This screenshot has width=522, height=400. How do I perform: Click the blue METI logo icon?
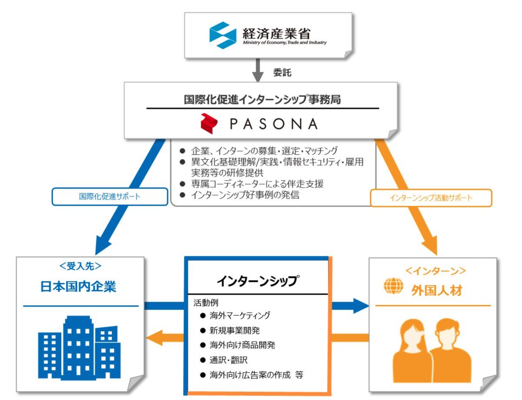(222, 35)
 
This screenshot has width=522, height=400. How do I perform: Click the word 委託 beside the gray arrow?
(282, 73)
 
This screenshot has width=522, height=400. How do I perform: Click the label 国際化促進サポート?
(110, 196)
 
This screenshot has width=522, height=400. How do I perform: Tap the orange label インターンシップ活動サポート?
(431, 198)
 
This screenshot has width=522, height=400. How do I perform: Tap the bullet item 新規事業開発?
(234, 330)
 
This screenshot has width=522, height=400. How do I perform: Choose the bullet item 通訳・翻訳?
(228, 360)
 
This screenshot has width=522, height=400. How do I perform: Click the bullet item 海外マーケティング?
(240, 315)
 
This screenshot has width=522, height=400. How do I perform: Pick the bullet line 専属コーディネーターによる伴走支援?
(257, 184)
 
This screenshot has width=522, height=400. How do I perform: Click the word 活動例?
(203, 303)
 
